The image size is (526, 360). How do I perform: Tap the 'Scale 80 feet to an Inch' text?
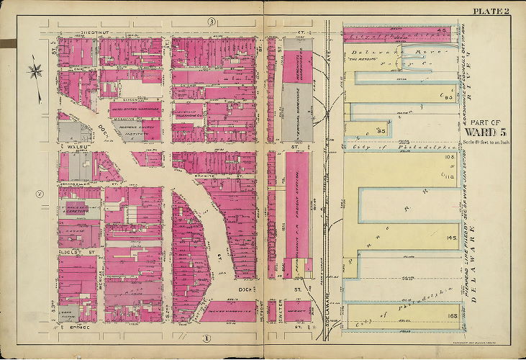tap(487, 143)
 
